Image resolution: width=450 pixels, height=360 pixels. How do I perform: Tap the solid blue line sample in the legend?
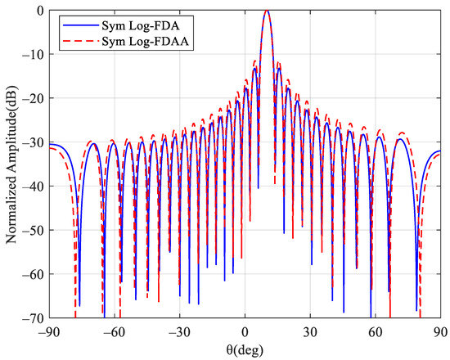pos(74,25)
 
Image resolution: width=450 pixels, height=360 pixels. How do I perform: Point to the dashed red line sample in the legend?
pos(74,40)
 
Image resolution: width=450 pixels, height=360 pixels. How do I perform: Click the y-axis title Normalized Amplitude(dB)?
pos(11,164)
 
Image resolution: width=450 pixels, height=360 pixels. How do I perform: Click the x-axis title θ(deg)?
pos(245,349)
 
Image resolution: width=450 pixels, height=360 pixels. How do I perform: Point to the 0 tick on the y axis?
pos(40,11)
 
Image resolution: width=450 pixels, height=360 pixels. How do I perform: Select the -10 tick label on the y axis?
pos(34,55)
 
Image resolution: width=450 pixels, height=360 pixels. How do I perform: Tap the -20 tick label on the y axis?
pos(34,98)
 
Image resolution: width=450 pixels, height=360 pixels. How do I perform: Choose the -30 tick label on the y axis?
pos(34,142)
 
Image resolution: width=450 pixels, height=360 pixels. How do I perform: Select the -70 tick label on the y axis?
pos(34,317)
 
